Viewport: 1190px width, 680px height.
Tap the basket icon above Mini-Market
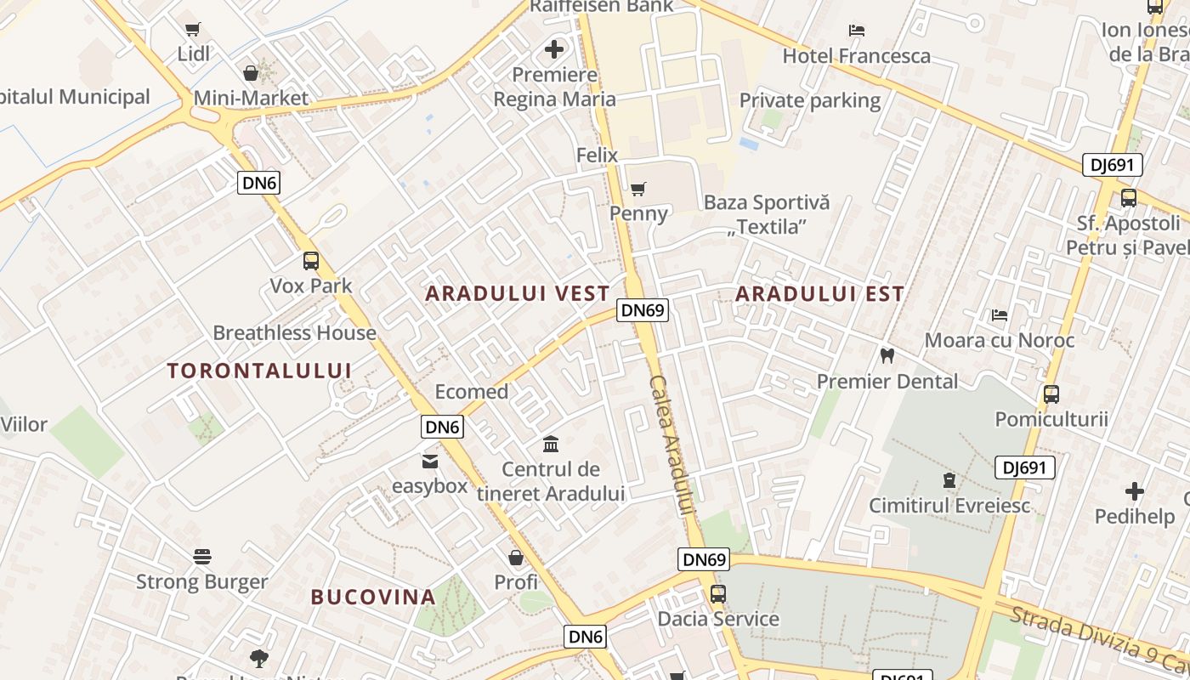(251, 73)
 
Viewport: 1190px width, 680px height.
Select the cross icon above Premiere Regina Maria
(554, 49)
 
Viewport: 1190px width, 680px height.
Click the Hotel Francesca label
(856, 56)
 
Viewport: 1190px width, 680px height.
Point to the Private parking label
(809, 100)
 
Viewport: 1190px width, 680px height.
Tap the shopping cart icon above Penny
(638, 189)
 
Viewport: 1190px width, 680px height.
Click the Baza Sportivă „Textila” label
(767, 214)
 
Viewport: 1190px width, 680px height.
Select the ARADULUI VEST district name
(518, 294)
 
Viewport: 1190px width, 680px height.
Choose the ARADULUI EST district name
(819, 294)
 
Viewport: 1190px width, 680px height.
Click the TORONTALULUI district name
(259, 371)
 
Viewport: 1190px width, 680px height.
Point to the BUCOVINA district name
(373, 597)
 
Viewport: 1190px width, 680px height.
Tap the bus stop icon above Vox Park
(311, 261)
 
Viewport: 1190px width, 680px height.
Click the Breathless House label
(294, 333)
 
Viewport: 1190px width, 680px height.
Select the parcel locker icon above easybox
(429, 462)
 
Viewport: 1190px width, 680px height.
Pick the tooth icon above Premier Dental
(887, 356)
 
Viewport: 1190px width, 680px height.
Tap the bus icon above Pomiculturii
(1051, 394)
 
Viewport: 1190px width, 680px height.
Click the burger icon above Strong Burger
(202, 557)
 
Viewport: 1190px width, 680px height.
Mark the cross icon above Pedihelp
(1135, 491)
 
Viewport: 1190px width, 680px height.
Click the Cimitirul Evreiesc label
(949, 506)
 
